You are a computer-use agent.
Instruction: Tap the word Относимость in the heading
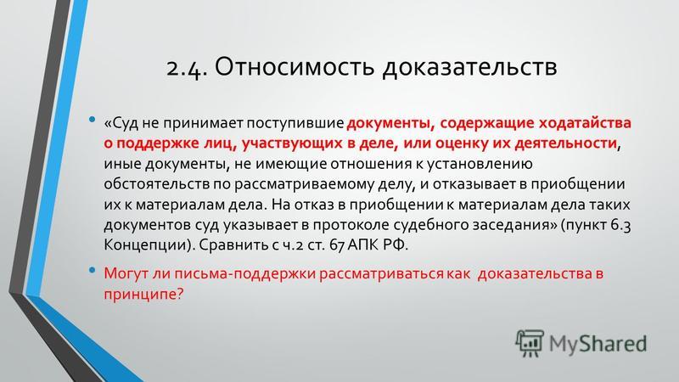pos(295,66)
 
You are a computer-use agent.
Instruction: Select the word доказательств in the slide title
pos(469,67)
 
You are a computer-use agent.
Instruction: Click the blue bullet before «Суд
pos(92,119)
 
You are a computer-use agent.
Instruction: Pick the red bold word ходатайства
pos(585,123)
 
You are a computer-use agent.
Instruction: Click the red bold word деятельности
pos(565,143)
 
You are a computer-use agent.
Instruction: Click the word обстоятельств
pos(156,184)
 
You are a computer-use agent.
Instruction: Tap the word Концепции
pos(147,245)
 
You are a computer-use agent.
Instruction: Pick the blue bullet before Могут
pos(92,270)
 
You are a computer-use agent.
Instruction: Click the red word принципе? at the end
pos(143,295)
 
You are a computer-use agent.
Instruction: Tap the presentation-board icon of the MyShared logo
pos(530,343)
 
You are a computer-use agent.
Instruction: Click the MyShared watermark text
pos(598,344)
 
